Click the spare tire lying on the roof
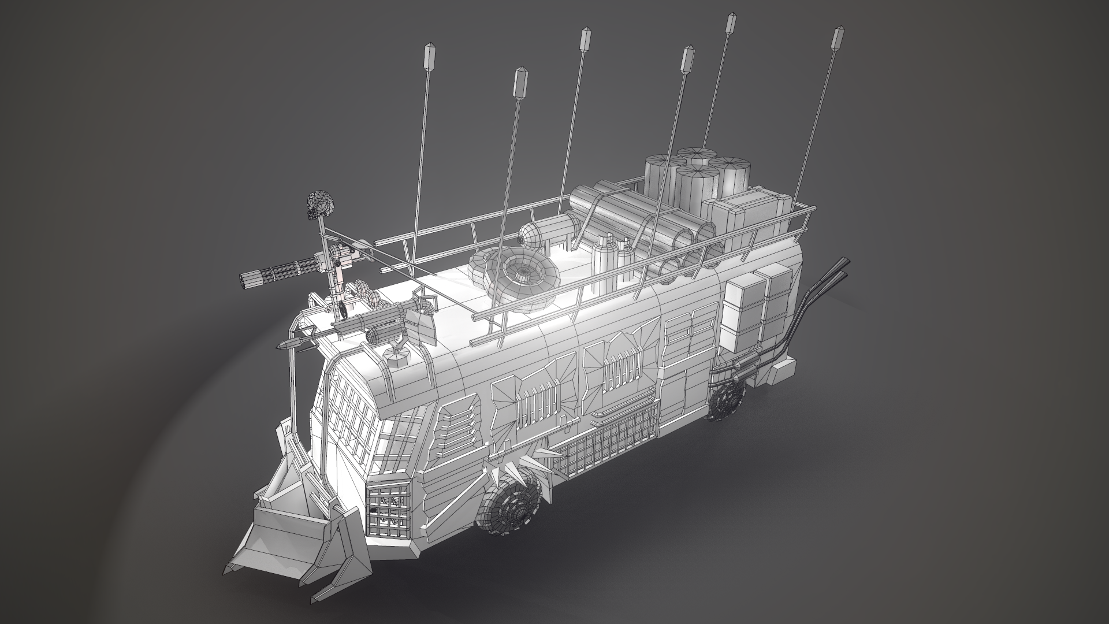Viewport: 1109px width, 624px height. click(x=516, y=277)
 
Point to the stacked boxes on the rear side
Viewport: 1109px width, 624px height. click(x=757, y=306)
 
